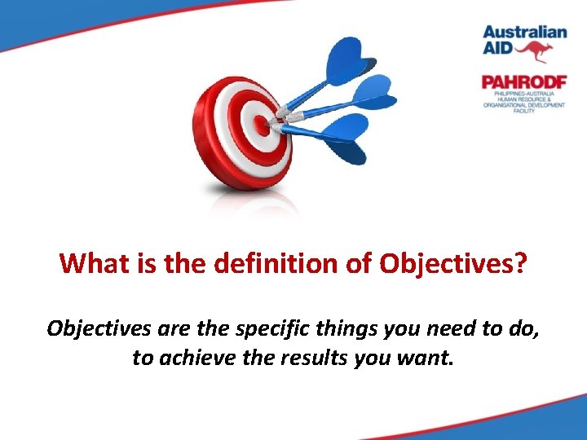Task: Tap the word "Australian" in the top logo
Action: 523,33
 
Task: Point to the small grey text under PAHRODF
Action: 522,101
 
